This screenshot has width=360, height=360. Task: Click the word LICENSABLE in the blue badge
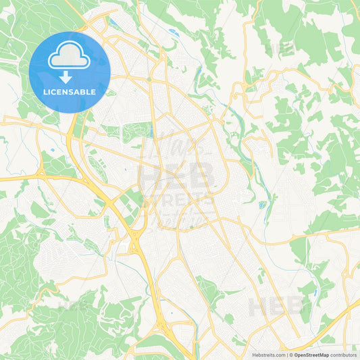(x=70, y=91)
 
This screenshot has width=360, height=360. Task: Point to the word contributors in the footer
(x=344, y=355)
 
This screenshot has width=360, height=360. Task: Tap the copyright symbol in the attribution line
(x=291, y=355)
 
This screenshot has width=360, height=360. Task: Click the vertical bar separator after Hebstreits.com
(x=286, y=355)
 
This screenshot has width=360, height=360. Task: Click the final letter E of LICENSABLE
(x=93, y=91)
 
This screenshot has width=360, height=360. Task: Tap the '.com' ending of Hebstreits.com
(x=279, y=355)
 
